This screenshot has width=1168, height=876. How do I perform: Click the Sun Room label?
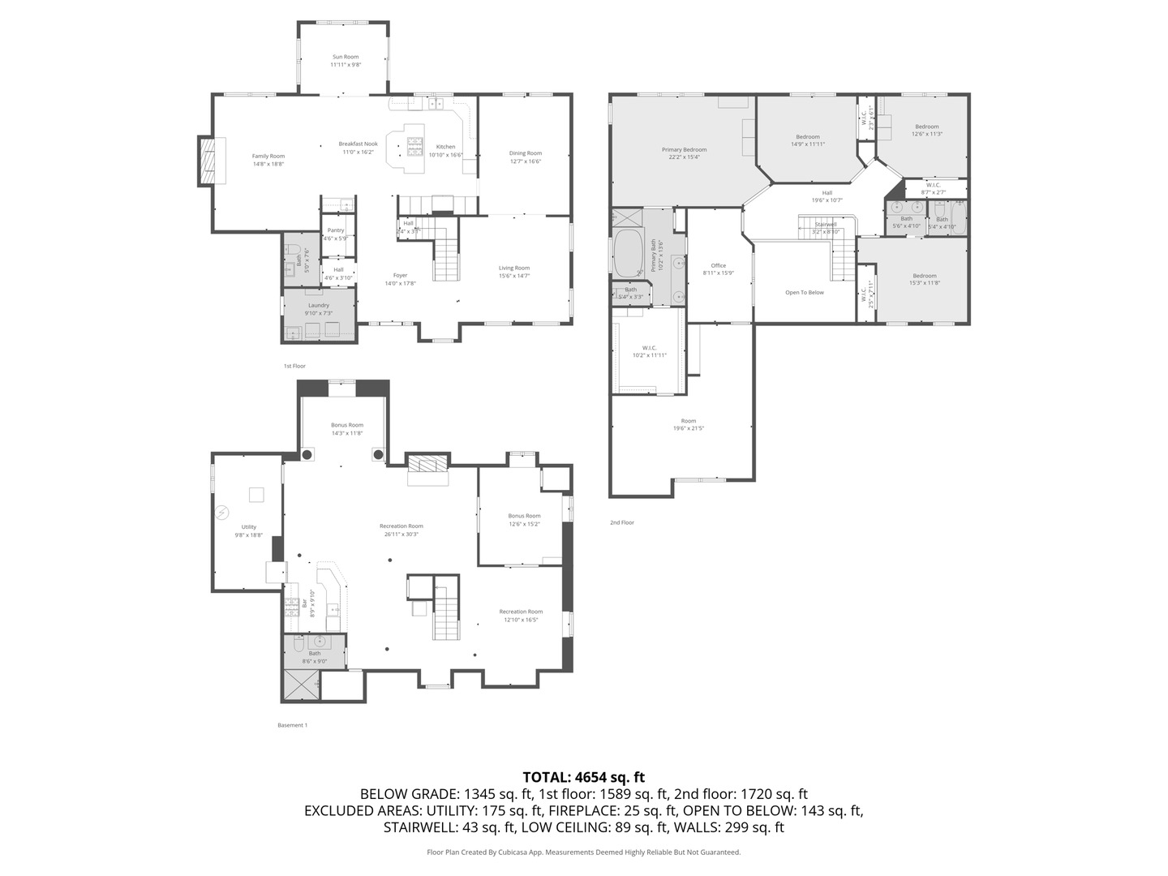pos(345,58)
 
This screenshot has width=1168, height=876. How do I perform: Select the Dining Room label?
pos(525,153)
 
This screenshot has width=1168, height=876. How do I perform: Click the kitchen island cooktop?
pos(414,146)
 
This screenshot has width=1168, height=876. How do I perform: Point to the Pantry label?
pos(335,231)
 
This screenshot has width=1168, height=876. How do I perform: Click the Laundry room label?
pos(318,306)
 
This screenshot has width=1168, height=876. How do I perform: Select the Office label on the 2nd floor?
pos(718,266)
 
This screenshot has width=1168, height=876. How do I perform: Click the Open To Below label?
pos(804,293)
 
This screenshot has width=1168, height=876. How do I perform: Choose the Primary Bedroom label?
pos(684,150)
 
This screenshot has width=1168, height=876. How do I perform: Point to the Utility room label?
pos(248,527)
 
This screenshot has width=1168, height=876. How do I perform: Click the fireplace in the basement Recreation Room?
pos(427,465)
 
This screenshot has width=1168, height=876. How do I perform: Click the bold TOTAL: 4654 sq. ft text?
pos(583,777)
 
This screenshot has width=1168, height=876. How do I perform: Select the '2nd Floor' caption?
pos(622,523)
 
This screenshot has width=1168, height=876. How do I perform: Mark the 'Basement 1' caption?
pos(292,725)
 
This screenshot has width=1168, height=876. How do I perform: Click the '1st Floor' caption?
pos(294,367)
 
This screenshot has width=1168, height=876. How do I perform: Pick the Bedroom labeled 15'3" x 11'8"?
pos(924,276)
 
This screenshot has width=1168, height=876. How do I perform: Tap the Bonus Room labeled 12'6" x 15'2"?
pos(524,516)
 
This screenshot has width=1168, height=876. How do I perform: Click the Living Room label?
pos(513,268)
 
